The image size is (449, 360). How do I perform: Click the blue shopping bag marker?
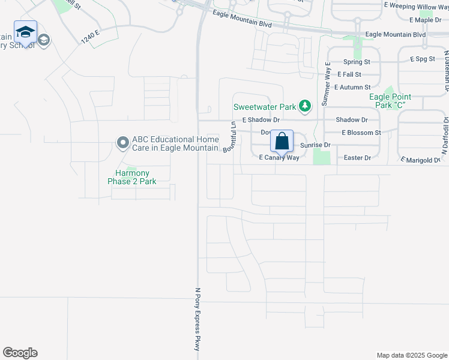[x=282, y=142]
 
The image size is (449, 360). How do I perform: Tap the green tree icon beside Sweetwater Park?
[x=306, y=107]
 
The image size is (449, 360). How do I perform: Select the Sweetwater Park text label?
[x=265, y=107]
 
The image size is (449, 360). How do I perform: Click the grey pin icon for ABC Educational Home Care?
[x=123, y=143]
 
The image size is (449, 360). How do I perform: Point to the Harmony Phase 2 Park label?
[x=132, y=177]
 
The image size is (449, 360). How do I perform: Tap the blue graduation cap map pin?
[x=25, y=32]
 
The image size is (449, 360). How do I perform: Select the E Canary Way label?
[x=279, y=158]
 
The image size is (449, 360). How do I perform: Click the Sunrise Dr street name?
[x=315, y=145]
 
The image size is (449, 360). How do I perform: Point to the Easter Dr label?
[x=358, y=158]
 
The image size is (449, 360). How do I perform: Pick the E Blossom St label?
[x=361, y=133]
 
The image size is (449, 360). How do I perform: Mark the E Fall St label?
[x=349, y=74]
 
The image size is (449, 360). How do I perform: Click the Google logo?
[x=20, y=353]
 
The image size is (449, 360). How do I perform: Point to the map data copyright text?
[x=411, y=355]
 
